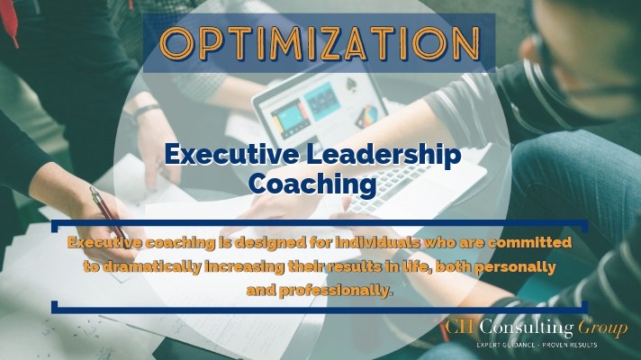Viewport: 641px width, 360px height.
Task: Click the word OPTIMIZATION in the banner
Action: (320, 43)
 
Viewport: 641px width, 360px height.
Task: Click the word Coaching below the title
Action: (312, 184)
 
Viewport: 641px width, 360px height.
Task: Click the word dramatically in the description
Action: (151, 266)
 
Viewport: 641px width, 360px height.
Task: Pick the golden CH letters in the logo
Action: (460, 327)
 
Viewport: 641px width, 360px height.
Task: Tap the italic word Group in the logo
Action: (602, 328)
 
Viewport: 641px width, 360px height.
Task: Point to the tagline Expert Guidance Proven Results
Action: (537, 346)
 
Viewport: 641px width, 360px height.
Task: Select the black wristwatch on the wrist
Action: (146, 112)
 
